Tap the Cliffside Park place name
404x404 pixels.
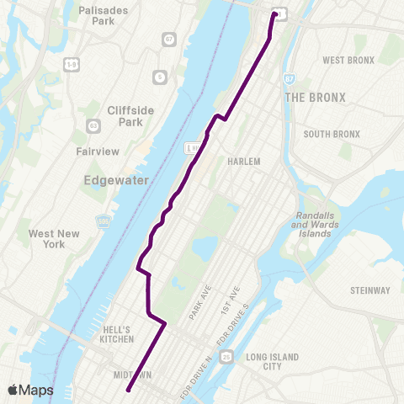click(x=127, y=115)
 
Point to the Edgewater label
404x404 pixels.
click(x=114, y=180)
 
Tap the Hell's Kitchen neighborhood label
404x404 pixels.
click(x=116, y=334)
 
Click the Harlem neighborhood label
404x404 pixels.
click(x=244, y=161)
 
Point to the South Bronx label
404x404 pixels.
click(x=332, y=134)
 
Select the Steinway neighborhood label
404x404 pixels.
click(x=370, y=290)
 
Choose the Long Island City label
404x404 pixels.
click(x=272, y=362)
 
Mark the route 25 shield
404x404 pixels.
click(x=226, y=358)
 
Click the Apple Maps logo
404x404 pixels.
click(x=29, y=390)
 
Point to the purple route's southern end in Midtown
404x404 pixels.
click(x=128, y=390)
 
